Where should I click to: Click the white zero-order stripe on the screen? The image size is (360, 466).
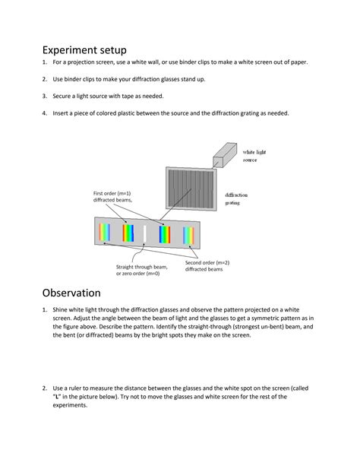(144, 232)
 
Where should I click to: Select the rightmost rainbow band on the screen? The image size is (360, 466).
(189, 235)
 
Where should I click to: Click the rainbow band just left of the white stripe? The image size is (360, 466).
(127, 232)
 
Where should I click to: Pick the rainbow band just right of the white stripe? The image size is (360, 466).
(163, 234)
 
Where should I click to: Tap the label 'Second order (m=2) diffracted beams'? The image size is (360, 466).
(207, 265)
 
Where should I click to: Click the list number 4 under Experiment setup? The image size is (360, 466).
(45, 113)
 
